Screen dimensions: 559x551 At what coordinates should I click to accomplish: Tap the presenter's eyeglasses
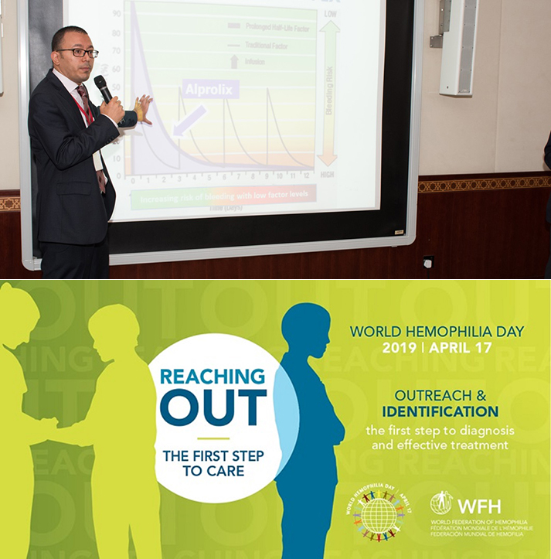(79, 52)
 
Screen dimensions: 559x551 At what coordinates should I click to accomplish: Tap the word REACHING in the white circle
(212, 377)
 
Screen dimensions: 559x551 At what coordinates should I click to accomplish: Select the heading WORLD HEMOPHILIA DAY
(437, 331)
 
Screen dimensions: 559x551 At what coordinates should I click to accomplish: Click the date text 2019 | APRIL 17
(437, 348)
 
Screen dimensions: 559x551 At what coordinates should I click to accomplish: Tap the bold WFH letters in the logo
(479, 506)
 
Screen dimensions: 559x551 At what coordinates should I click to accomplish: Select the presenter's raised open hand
(142, 109)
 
